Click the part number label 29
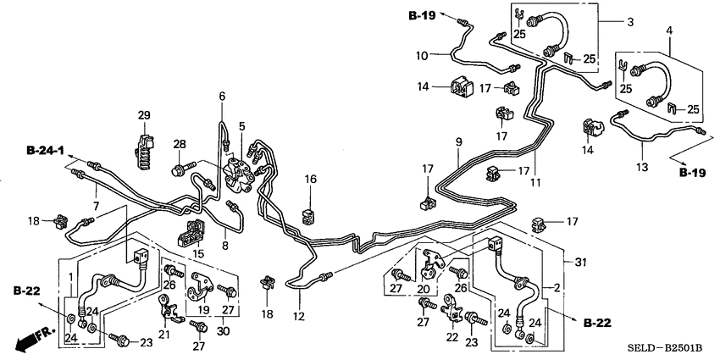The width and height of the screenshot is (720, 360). pos(143,115)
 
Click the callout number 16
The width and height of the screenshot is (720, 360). pos(310,180)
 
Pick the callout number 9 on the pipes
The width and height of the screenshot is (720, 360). pos(457,142)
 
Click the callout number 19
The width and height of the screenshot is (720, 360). pos(203,310)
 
